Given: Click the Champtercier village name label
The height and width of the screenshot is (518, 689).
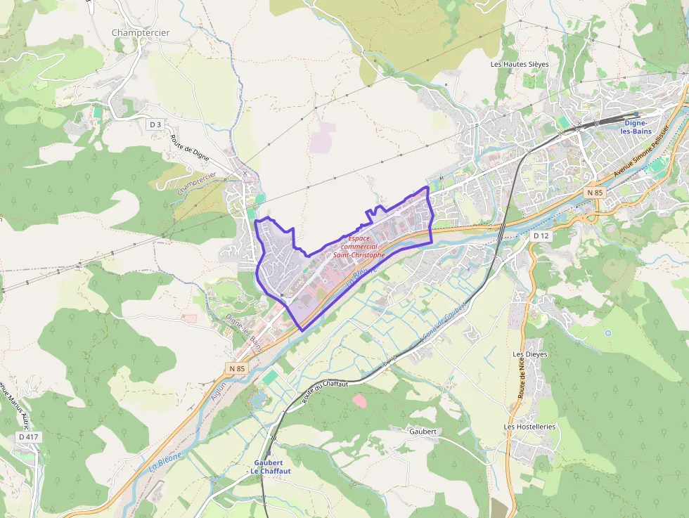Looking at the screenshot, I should (x=141, y=32).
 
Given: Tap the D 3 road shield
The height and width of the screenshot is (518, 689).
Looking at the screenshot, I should (x=155, y=124).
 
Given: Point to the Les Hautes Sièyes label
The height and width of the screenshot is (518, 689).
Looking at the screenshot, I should (x=520, y=64).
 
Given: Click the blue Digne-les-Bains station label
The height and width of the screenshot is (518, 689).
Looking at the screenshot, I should (x=638, y=127).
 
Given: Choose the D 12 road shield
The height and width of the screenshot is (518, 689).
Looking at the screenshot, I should (x=541, y=235).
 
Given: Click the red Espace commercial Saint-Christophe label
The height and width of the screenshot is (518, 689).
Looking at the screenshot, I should (x=359, y=247).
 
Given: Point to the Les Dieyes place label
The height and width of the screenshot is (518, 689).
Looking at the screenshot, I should (x=530, y=354).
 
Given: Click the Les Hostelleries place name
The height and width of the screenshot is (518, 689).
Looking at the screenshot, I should (x=530, y=427).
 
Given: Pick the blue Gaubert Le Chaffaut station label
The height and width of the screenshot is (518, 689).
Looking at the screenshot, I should (x=266, y=467).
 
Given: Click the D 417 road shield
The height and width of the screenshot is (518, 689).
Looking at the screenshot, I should (x=29, y=437).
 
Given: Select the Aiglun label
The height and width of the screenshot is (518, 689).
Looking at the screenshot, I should (x=219, y=399).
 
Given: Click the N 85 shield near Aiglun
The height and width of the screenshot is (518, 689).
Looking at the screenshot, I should (x=237, y=368).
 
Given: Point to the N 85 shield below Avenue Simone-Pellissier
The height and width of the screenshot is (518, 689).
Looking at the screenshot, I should (x=595, y=193).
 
